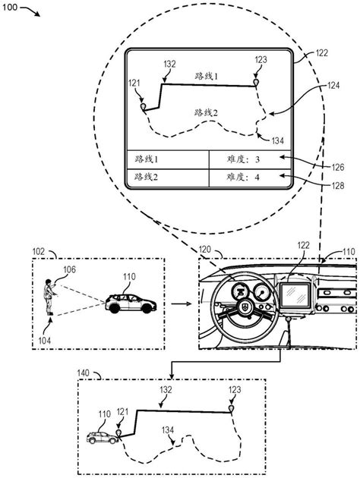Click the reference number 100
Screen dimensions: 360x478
[x=10, y=7]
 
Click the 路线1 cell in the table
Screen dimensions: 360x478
[x=168, y=159]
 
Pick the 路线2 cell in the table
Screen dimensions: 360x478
[x=168, y=178]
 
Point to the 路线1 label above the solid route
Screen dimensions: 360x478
[x=207, y=76]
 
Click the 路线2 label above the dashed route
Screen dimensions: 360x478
[x=207, y=113]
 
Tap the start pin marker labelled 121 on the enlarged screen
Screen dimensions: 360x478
[x=143, y=107]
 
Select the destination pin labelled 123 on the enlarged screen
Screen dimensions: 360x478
[x=256, y=83]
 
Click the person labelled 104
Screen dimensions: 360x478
[x=49, y=297]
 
